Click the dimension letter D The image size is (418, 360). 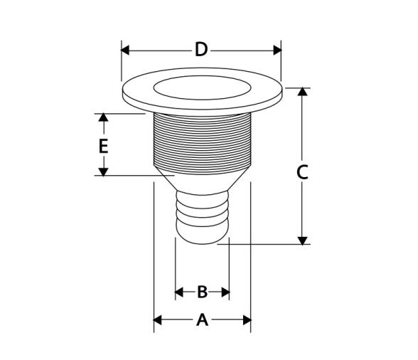tap(201, 50)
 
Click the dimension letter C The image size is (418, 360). tap(302, 172)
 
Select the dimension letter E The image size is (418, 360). tap(104, 146)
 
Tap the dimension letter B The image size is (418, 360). tap(203, 292)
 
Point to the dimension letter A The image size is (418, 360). tap(202, 320)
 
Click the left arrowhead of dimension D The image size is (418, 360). tap(125, 50)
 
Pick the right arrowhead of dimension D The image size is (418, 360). tap(277, 50)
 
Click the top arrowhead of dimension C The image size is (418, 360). tap(302, 92)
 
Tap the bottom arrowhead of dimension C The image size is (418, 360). tap(302, 240)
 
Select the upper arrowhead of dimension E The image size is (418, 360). tap(104, 117)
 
